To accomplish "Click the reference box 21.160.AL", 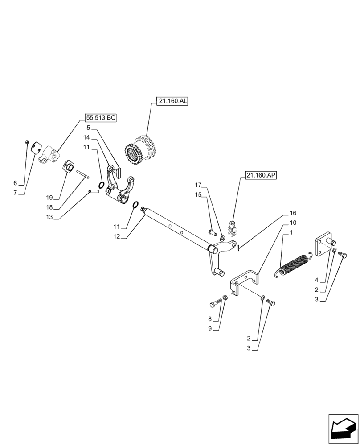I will pos(172,101).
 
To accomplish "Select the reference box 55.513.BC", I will pos(101,118).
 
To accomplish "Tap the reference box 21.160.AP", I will pos(260,176).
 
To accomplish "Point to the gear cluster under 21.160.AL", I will pos(141,151).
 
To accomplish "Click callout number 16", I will pos(293,213).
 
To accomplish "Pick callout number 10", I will pos(293,223).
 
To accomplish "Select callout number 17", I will pos(198,185).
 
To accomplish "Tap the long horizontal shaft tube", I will pos(178,227).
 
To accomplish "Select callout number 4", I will pos(316,281).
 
